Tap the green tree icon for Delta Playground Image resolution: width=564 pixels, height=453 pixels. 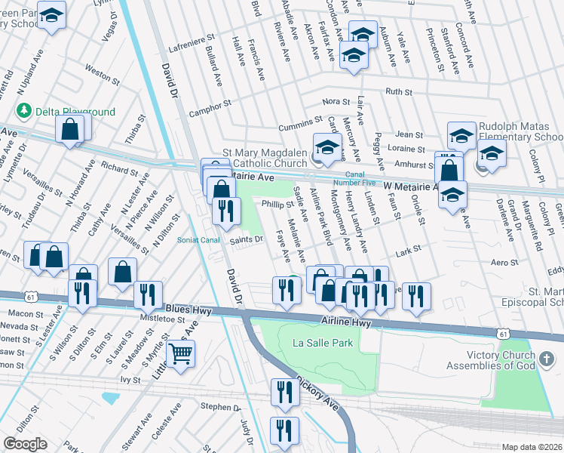(x=25, y=112)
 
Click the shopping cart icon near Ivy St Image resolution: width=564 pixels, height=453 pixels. (x=180, y=354)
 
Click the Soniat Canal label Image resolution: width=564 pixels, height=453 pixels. (x=199, y=241)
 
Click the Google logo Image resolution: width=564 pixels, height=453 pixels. (x=25, y=444)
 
